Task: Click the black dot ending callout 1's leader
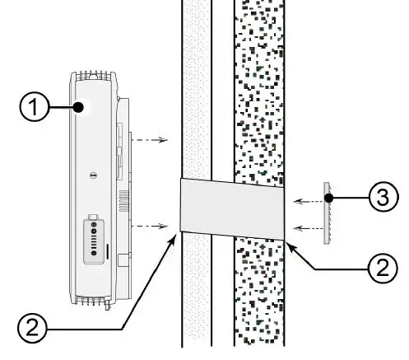80,107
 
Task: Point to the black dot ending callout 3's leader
328,199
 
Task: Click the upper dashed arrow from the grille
309,200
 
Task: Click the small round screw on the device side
93,175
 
